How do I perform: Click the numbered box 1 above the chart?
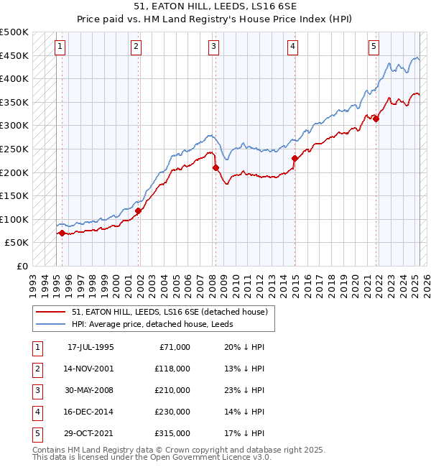(x=60, y=47)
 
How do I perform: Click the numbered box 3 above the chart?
(x=214, y=47)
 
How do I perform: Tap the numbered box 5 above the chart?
(x=374, y=47)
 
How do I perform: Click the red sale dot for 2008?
(x=215, y=168)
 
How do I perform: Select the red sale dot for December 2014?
(x=295, y=158)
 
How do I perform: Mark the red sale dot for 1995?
(x=62, y=233)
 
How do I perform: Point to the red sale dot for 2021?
(x=376, y=119)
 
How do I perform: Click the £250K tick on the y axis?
(x=15, y=149)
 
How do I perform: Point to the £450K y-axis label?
(x=15, y=55)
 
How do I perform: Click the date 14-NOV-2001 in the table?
(x=90, y=369)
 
